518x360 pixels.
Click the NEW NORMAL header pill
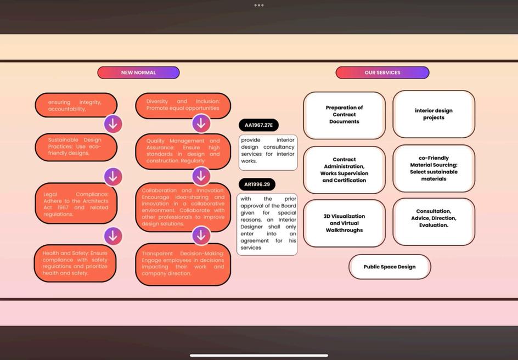pyautogui.click(x=138, y=72)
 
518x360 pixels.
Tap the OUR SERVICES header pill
pyautogui.click(x=382, y=72)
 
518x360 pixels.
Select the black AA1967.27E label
pyautogui.click(x=258, y=125)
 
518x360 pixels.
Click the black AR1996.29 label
pyautogui.click(x=257, y=184)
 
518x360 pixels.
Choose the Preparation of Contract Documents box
pyautogui.click(x=344, y=115)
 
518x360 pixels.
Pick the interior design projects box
pyautogui.click(x=433, y=114)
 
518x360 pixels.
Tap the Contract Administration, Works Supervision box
pyautogui.click(x=344, y=170)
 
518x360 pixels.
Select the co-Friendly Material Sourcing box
pyautogui.click(x=433, y=168)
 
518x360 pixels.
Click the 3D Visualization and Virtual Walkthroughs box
pyautogui.click(x=344, y=223)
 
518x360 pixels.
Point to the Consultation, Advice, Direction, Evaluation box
pyautogui.click(x=433, y=221)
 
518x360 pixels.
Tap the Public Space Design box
pyautogui.click(x=390, y=267)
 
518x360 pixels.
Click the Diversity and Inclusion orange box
pyautogui.click(x=183, y=105)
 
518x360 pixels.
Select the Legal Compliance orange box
pyautogui.click(x=76, y=204)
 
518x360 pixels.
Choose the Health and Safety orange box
pyautogui.click(x=75, y=263)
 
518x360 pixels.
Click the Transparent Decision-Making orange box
pyautogui.click(x=183, y=264)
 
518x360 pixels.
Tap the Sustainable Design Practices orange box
pyautogui.click(x=76, y=147)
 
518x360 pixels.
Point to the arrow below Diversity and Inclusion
pyautogui.click(x=201, y=123)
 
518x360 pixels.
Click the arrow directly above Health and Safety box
pyautogui.click(x=113, y=236)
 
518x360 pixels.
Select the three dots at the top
pyautogui.click(x=259, y=5)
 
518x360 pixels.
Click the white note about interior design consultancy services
pyautogui.click(x=268, y=152)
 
